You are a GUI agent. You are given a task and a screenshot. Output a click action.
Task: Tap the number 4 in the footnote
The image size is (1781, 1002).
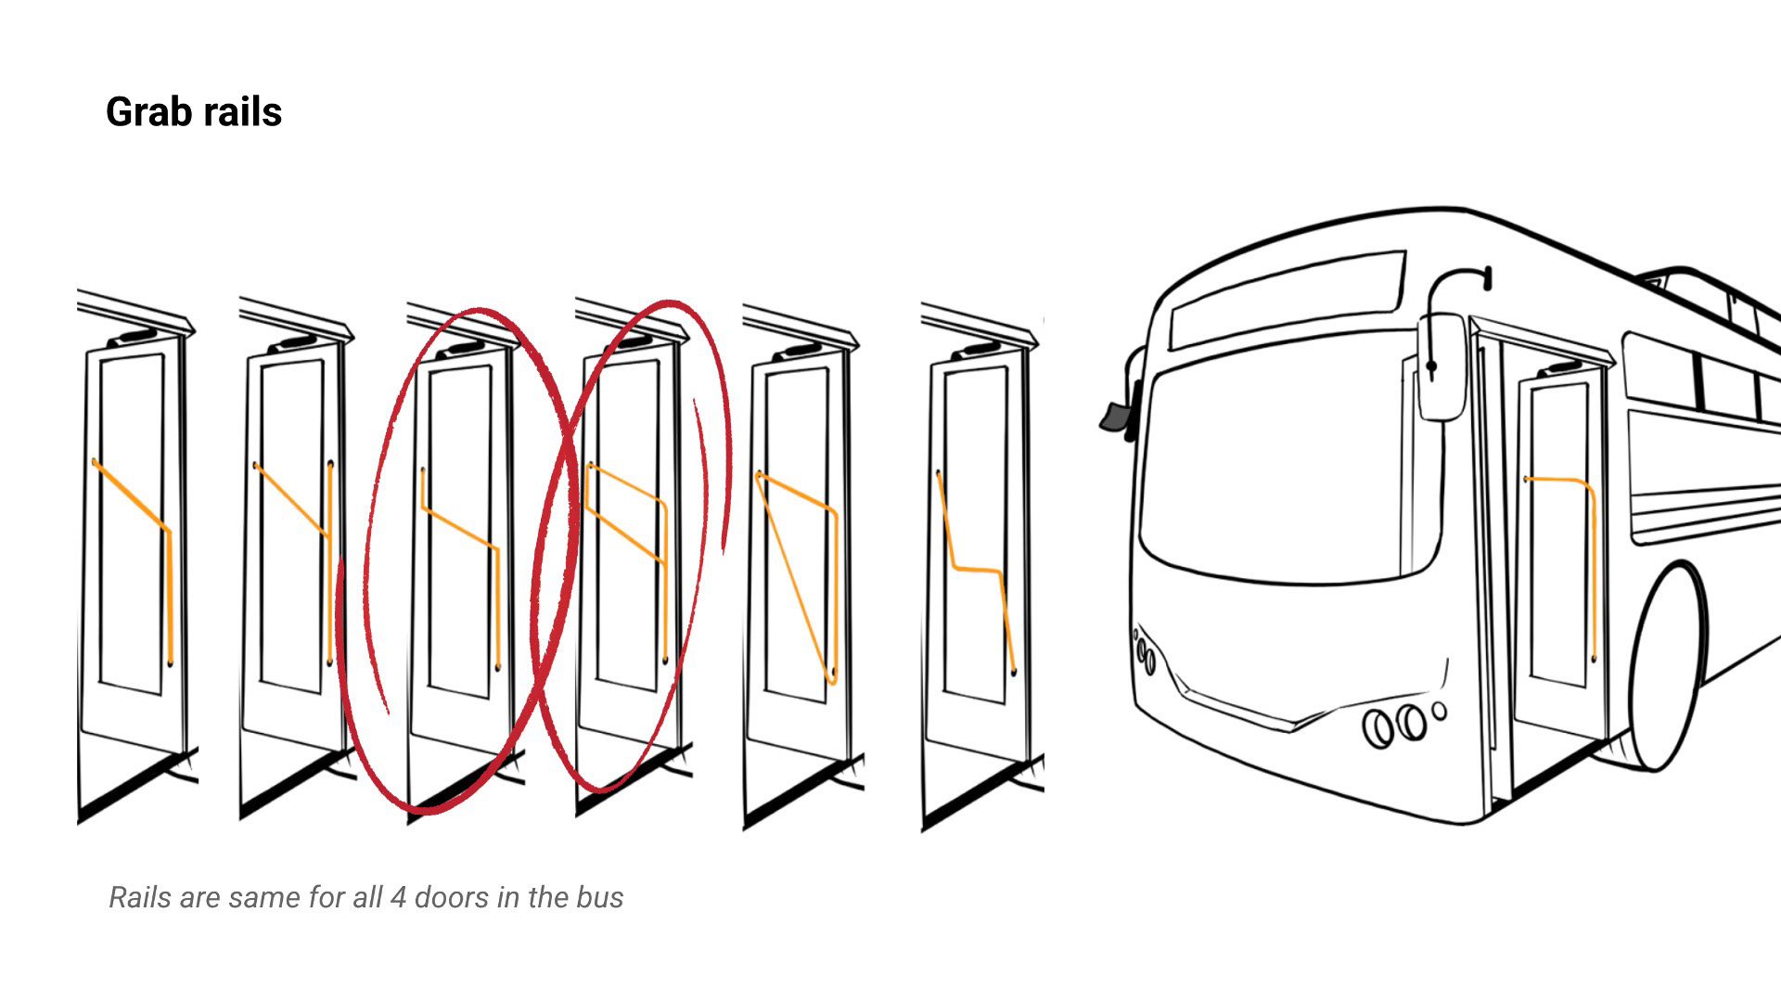pos(397,897)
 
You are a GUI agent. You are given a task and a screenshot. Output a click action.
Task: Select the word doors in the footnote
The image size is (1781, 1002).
pos(452,897)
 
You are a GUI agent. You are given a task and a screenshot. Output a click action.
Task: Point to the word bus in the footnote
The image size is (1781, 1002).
pos(598,897)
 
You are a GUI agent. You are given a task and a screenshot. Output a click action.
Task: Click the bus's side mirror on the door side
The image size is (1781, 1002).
pos(1441,366)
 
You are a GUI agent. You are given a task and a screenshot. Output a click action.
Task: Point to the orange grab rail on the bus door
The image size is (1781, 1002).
pos(1592,557)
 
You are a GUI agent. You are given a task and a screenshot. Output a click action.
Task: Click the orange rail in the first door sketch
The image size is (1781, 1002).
pos(170,594)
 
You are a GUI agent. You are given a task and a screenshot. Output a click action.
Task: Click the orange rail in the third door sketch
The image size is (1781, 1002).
pos(497,603)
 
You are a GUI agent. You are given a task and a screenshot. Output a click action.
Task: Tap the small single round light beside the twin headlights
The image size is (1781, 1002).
pos(1439,712)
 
